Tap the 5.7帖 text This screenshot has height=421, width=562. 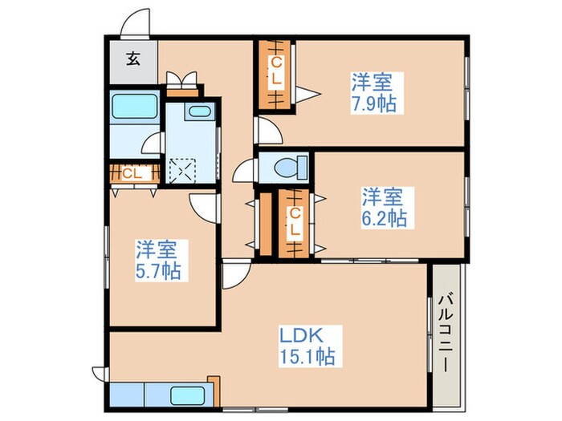click(x=157, y=270)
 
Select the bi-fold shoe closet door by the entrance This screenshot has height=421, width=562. click(x=182, y=79)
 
